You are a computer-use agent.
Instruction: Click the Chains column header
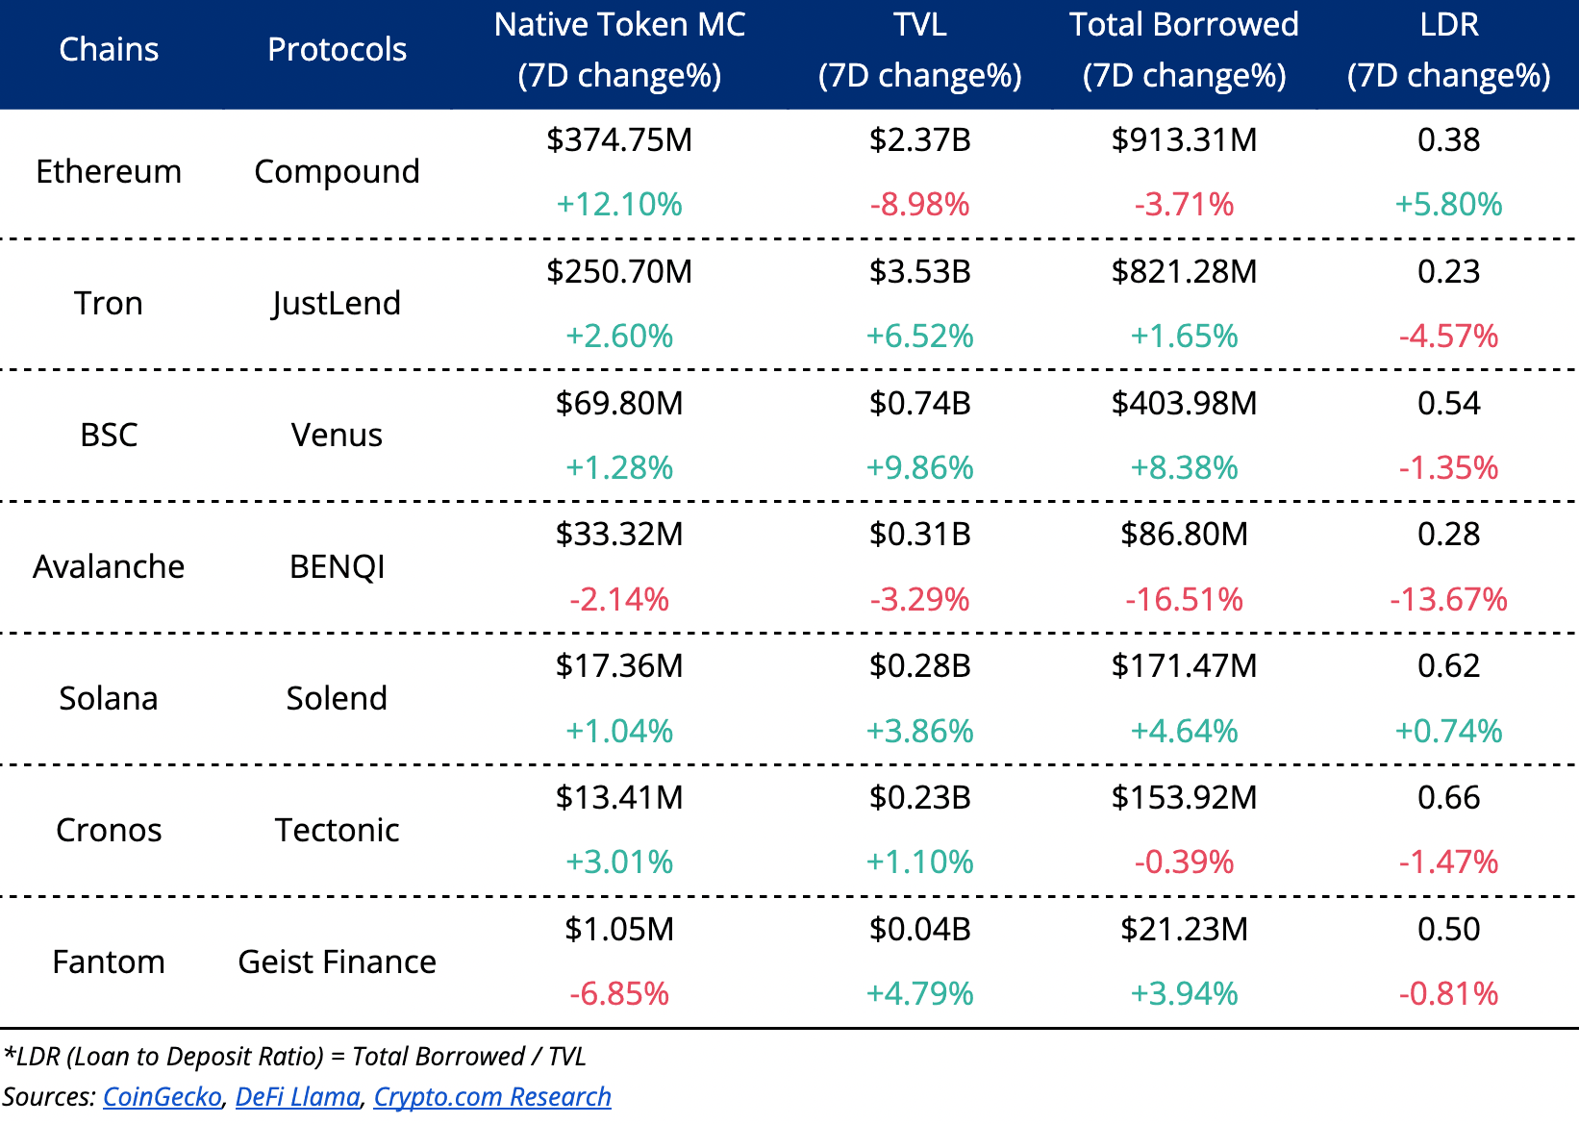(109, 49)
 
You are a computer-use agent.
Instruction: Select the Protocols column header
(337, 49)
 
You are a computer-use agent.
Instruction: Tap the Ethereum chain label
(109, 171)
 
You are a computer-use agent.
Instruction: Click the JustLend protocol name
(337, 303)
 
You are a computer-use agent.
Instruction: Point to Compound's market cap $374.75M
(619, 139)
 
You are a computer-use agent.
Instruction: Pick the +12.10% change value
(619, 204)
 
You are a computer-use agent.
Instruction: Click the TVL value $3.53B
(919, 271)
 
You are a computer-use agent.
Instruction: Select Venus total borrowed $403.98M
(1184, 403)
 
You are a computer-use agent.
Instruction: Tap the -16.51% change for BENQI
(1184, 599)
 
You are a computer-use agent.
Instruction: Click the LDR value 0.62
(1448, 665)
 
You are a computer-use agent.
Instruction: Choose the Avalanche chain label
(109, 566)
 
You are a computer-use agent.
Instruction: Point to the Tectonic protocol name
(337, 830)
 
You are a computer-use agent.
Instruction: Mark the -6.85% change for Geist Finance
(619, 993)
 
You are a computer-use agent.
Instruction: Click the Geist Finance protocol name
(337, 962)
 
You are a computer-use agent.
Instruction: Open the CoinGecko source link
(162, 1096)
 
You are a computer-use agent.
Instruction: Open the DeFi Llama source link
(297, 1096)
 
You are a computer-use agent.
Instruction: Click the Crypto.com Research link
(492, 1096)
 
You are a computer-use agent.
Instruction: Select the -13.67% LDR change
(1448, 599)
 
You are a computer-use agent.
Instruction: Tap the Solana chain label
(109, 698)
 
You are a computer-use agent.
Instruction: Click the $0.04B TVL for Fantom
(919, 929)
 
